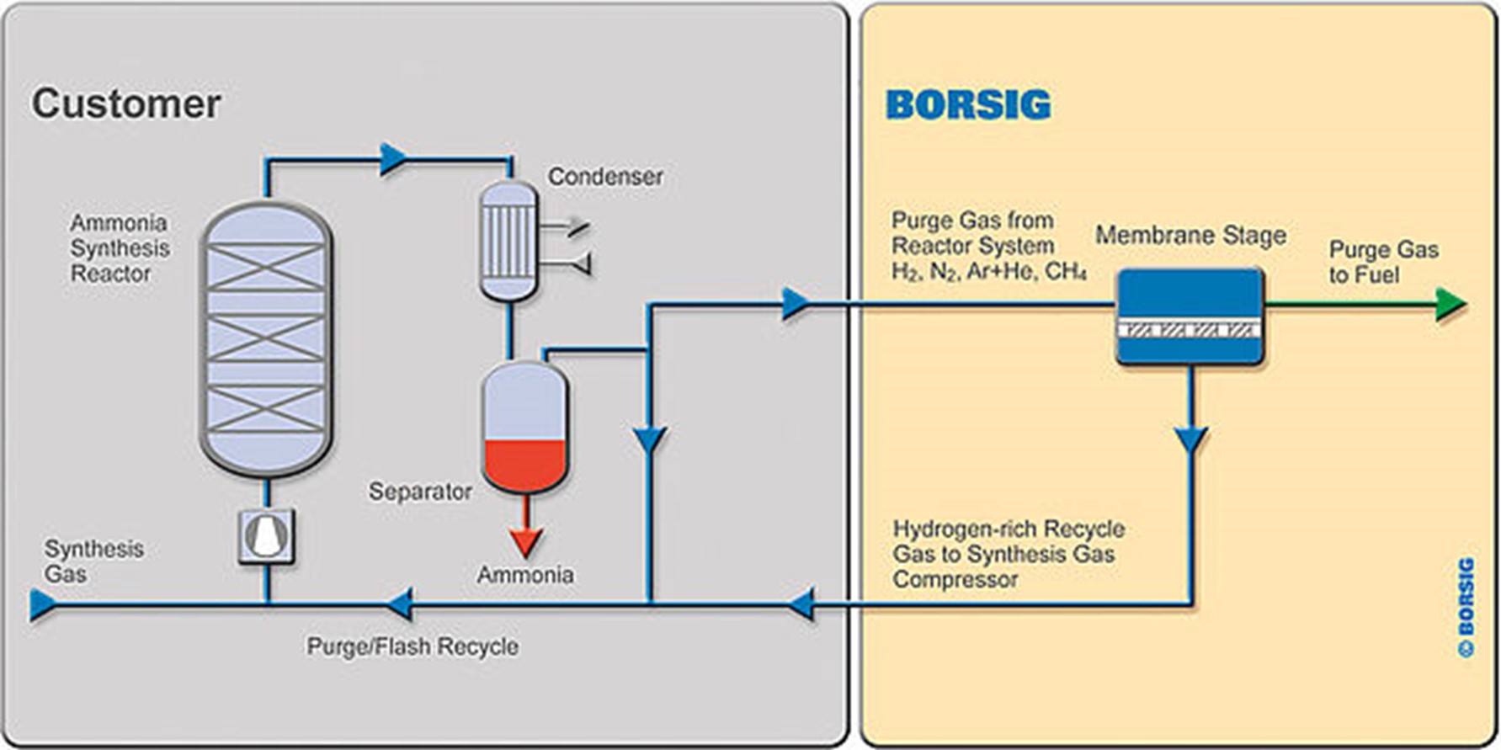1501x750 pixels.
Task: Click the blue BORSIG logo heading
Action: pyautogui.click(x=968, y=105)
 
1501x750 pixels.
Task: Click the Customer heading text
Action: pyautogui.click(x=126, y=104)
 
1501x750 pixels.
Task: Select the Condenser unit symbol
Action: pyautogui.click(x=508, y=241)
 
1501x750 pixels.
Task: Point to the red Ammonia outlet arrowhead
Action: pyautogui.click(x=525, y=542)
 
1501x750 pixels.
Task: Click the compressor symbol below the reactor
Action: pyautogui.click(x=267, y=536)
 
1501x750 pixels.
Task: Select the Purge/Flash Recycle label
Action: pyautogui.click(x=413, y=646)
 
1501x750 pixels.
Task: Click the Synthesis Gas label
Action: pyautogui.click(x=93, y=561)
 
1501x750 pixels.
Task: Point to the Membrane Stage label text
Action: pyautogui.click(x=1190, y=235)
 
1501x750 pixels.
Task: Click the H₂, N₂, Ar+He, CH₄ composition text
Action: pyautogui.click(x=989, y=271)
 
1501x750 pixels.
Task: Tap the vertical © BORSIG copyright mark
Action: pyautogui.click(x=1466, y=606)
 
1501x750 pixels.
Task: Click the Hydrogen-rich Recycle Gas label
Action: pyautogui.click(x=1009, y=554)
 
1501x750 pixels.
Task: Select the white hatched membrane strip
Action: pyautogui.click(x=1190, y=331)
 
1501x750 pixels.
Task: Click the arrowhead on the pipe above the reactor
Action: pyautogui.click(x=392, y=159)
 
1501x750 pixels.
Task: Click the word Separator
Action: pyautogui.click(x=420, y=492)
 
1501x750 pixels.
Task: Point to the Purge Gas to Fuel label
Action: pyautogui.click(x=1383, y=262)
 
